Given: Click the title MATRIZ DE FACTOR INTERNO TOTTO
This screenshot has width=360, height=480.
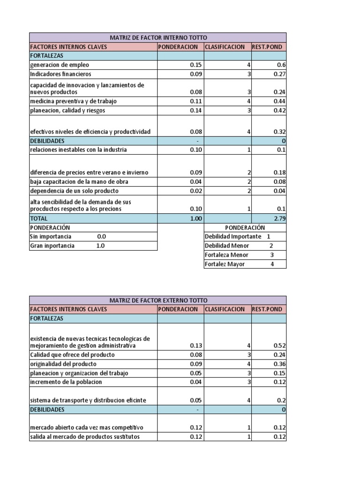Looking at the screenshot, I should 157,37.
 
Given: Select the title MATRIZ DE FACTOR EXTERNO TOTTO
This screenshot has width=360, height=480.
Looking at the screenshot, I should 157,300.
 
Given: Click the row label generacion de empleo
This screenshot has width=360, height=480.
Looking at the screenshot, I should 60,65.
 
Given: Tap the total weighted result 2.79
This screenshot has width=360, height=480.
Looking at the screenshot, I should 280,218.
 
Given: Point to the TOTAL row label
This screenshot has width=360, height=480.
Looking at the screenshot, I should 39,218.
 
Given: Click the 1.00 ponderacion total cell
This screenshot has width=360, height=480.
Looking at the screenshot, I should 195,218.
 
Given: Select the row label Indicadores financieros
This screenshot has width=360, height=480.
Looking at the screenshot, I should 61,74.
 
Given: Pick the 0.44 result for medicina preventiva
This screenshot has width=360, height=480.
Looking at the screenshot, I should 280,102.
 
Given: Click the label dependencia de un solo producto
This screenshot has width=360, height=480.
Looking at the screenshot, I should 75,191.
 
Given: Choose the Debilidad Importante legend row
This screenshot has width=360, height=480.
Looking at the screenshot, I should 238,237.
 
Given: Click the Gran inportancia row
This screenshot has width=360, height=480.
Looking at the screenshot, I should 67,246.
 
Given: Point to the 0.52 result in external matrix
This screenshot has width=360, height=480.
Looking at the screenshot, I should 280,346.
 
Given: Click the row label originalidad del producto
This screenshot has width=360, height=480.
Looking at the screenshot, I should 63,364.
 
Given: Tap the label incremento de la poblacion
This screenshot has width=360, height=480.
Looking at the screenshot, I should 66,382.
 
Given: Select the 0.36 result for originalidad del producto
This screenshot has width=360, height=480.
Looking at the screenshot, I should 280,364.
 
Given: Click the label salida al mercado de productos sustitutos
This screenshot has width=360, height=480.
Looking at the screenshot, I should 85,437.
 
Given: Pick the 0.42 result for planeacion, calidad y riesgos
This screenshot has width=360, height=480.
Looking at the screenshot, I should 280,111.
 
